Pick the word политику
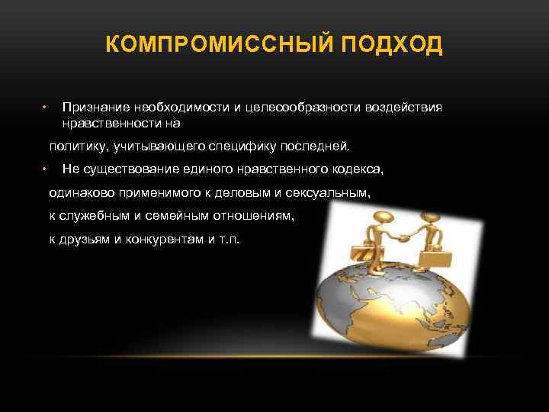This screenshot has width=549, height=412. click(x=79, y=145)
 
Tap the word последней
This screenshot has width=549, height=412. click(x=314, y=145)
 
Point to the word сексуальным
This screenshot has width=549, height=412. click(x=332, y=193)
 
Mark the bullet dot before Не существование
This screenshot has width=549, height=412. click(x=45, y=169)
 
